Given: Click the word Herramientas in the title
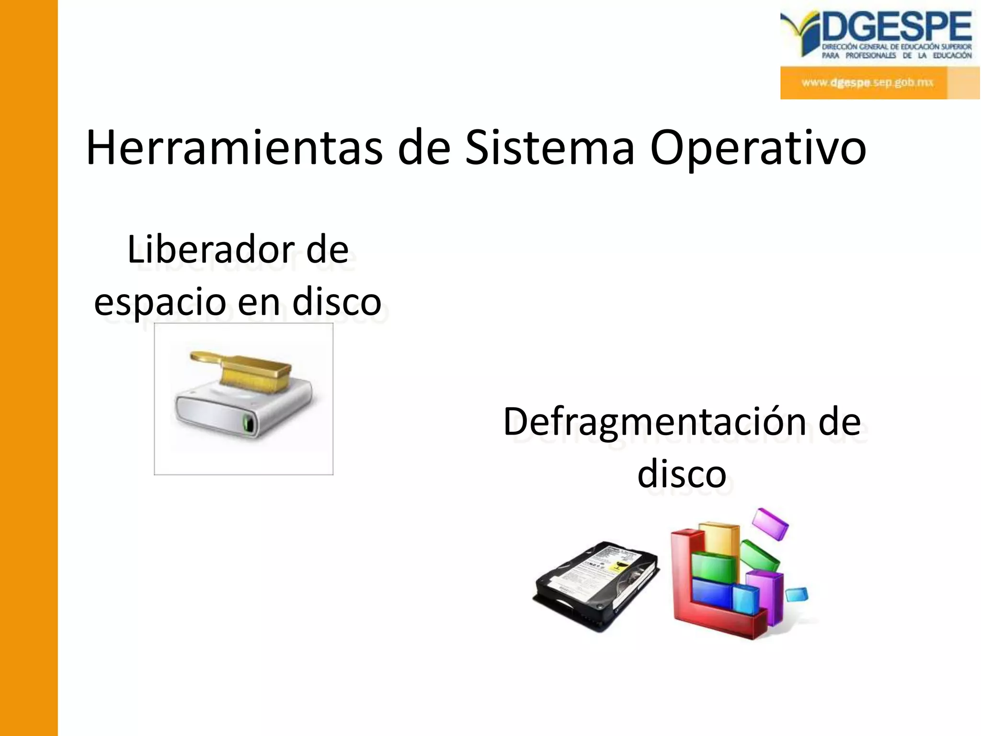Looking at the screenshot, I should (x=234, y=148).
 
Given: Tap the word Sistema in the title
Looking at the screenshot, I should (x=550, y=148).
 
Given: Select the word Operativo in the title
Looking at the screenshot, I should (x=758, y=148).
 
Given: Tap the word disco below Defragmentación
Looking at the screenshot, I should (x=682, y=473).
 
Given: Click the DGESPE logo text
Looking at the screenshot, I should (x=897, y=27).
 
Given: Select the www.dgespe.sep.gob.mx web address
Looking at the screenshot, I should (x=867, y=82).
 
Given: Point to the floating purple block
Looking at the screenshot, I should (x=770, y=523).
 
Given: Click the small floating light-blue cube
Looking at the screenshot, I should (x=797, y=595).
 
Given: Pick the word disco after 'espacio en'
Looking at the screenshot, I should (x=337, y=302).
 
